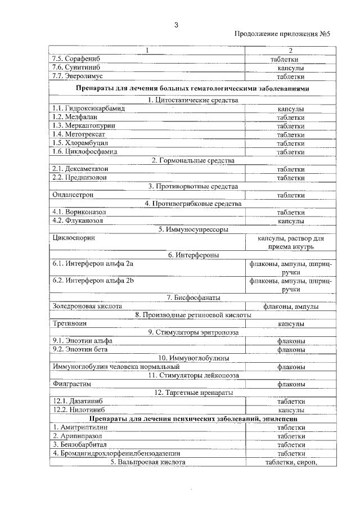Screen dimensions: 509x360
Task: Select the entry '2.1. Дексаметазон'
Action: tap(80, 169)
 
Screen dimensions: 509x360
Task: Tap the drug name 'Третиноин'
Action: tap(69, 324)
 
